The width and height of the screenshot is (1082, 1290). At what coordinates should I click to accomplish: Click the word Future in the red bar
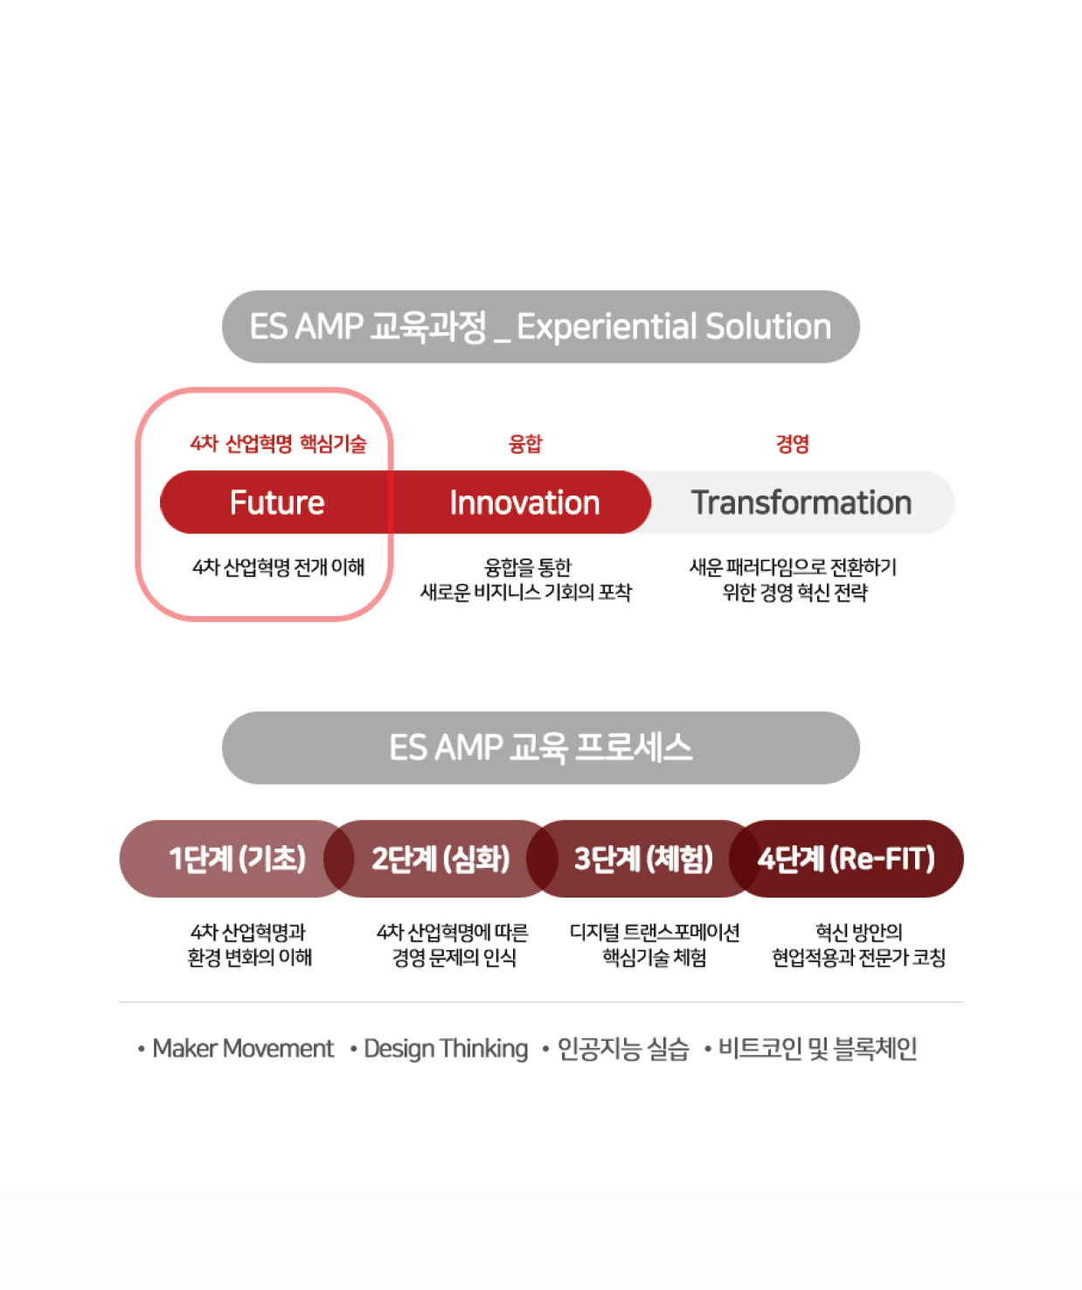coord(277,503)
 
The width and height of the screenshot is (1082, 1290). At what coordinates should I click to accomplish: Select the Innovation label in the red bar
coord(524,503)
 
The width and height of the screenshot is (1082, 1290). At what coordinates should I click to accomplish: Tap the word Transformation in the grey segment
coord(801,503)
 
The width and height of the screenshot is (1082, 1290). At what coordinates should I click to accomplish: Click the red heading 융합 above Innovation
coord(525,444)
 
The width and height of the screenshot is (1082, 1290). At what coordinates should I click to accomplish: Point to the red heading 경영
coord(792,444)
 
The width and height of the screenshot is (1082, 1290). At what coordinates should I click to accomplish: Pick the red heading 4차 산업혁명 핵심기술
coord(278,444)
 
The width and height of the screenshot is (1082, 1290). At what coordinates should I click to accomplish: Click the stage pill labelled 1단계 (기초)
coord(236,859)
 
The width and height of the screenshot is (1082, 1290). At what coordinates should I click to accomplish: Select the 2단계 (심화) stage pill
coord(440,859)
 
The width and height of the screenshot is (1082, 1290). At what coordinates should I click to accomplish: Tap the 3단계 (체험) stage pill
coord(643,859)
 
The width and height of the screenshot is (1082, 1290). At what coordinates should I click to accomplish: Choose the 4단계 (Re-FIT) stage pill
coord(847,859)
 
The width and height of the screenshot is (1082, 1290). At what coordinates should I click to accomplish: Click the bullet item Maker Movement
coord(243,1049)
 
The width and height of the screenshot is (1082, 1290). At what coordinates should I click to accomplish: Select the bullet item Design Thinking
coord(446,1049)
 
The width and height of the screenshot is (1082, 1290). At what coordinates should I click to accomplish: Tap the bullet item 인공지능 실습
coord(623,1049)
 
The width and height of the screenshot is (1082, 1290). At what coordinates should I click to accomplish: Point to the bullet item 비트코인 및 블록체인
coord(817,1049)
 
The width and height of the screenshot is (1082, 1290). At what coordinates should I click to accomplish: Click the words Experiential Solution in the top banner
coord(674,327)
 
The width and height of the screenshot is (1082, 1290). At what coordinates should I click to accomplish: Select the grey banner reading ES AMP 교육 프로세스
coord(541,747)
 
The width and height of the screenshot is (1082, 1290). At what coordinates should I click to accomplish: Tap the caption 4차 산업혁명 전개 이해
coord(278,567)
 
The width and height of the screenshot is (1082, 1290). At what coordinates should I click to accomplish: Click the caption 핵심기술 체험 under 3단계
coord(655,957)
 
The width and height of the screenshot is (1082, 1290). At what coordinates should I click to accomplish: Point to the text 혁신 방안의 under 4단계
coord(858,932)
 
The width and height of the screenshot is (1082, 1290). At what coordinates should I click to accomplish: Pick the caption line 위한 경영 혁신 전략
coord(794,593)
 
